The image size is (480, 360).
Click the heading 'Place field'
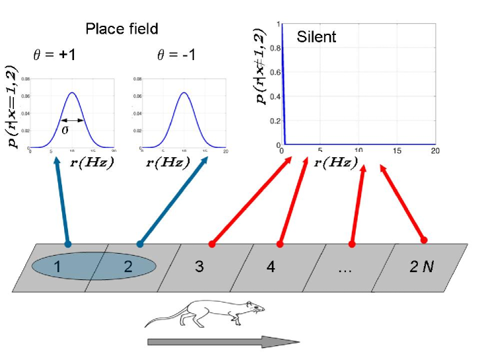(x=121, y=28)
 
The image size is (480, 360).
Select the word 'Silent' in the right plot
(x=316, y=36)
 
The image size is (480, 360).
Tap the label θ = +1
(x=55, y=55)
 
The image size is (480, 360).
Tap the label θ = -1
(x=176, y=55)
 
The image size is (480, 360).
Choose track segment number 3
(x=199, y=267)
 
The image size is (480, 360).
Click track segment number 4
(x=271, y=267)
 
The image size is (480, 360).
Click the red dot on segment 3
(x=212, y=244)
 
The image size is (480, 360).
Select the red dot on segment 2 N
(x=425, y=239)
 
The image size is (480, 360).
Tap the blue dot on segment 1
(x=68, y=244)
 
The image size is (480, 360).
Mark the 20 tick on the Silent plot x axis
(x=434, y=151)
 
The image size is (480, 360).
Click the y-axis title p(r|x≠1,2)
(x=261, y=66)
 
